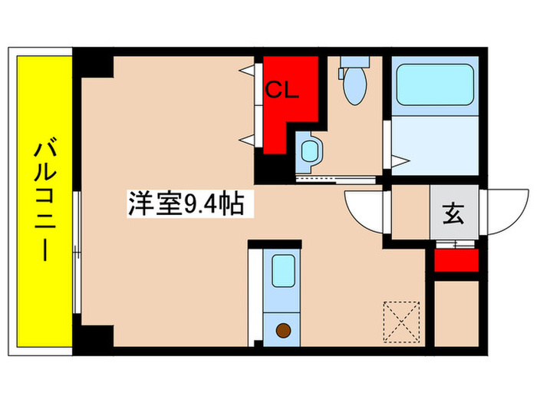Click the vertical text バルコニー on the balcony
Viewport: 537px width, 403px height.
(x=42, y=201)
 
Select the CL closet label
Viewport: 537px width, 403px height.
(x=282, y=91)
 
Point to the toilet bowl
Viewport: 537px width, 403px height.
(x=354, y=85)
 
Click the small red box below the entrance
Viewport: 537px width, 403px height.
(x=456, y=259)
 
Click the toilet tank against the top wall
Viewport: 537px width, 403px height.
(x=354, y=61)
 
